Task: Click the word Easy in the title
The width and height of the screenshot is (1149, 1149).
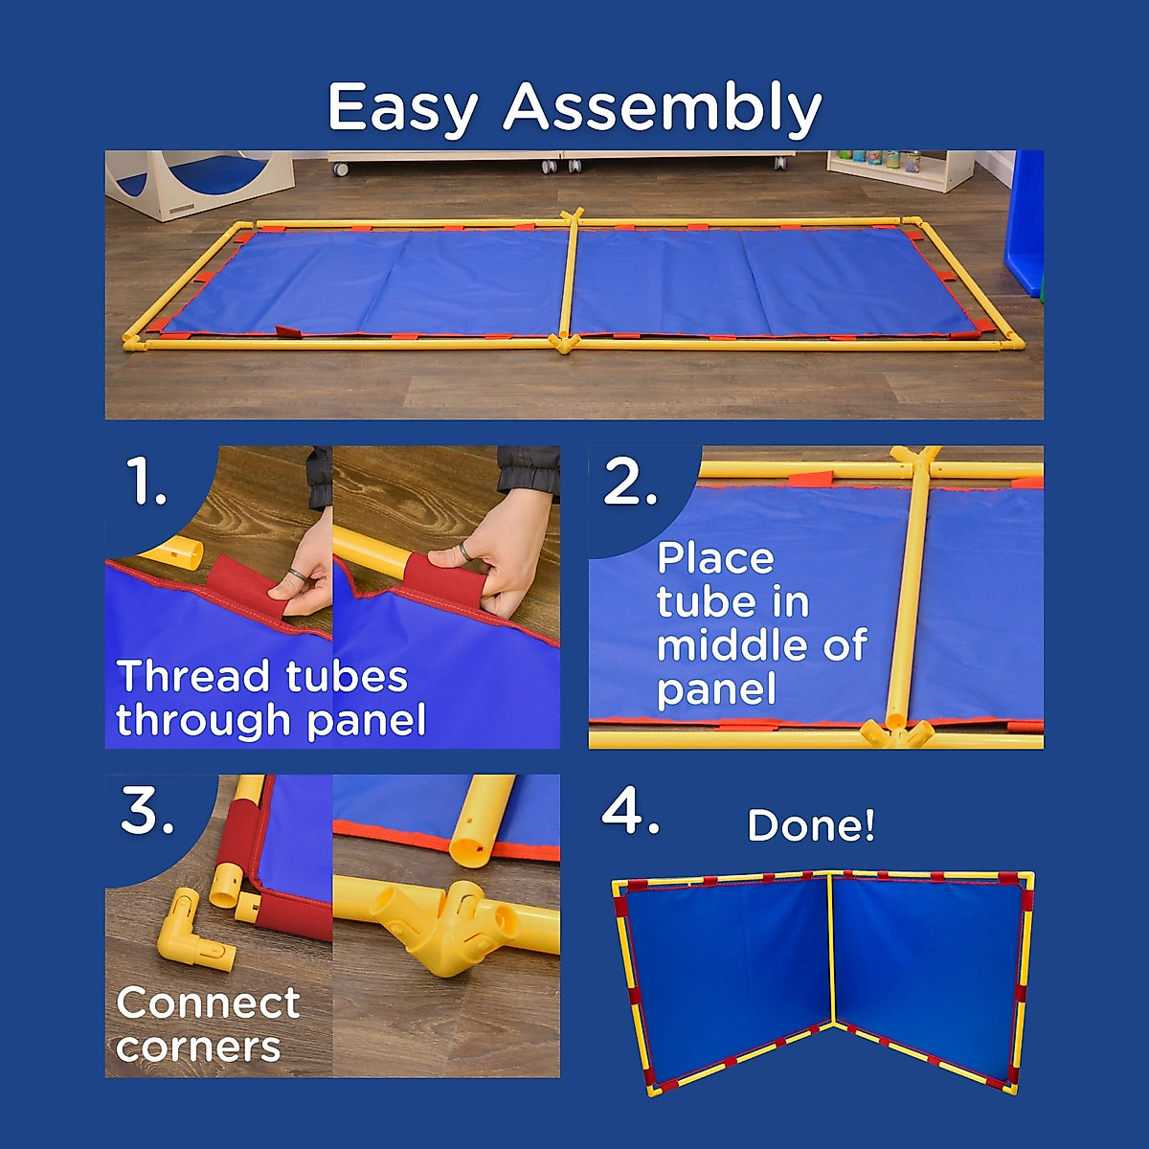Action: [x=402, y=107]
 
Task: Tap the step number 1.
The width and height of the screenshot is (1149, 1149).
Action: [x=146, y=482]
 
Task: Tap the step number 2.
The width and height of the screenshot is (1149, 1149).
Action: [x=630, y=482]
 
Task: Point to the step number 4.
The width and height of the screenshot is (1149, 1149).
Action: [x=630, y=813]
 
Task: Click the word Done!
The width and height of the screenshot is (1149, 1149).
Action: [x=810, y=825]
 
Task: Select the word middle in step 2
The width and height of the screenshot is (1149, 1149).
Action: [x=719, y=645]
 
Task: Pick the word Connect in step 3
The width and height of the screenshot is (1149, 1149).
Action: [x=208, y=1003]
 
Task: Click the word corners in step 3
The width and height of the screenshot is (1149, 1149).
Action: [x=198, y=1047]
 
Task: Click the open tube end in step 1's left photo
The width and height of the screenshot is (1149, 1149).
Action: [x=187, y=552]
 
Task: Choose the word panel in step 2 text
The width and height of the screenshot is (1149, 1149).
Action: [x=715, y=689]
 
